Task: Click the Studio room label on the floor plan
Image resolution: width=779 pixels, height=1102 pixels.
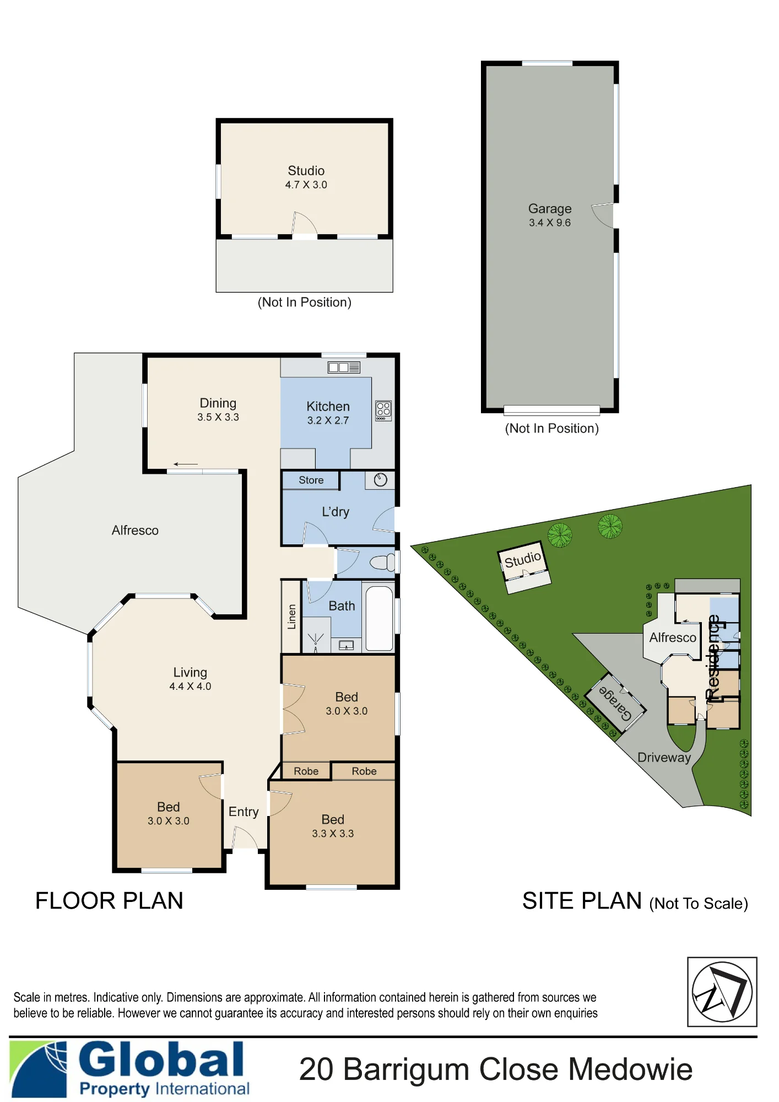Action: (x=306, y=171)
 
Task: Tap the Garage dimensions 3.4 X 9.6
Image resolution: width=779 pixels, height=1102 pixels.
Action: (x=550, y=223)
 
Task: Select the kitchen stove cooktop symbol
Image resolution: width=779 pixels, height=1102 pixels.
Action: (x=383, y=410)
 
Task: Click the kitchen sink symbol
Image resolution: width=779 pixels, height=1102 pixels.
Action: (x=344, y=367)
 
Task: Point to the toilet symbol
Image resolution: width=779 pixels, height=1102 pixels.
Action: (x=383, y=563)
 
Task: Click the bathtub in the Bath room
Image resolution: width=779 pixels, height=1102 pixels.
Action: (x=379, y=618)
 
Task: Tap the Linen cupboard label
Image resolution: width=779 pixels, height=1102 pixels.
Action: (x=292, y=617)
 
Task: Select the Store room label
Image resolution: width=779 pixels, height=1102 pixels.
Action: (x=311, y=480)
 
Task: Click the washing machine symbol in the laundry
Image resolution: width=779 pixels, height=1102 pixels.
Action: (x=380, y=480)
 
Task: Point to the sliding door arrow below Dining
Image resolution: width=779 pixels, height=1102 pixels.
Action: (x=186, y=464)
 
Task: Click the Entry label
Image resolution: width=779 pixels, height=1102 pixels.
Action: (x=244, y=812)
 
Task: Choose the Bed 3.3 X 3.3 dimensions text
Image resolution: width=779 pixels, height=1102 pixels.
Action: (x=333, y=834)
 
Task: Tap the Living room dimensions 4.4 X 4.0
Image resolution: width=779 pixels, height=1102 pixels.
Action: (x=190, y=687)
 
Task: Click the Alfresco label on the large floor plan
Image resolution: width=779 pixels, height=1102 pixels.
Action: (x=135, y=531)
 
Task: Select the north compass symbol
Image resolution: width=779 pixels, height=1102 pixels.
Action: (x=722, y=992)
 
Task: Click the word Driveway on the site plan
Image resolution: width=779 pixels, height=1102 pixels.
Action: (x=664, y=758)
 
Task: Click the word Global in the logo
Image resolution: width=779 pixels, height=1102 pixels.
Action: (x=161, y=1059)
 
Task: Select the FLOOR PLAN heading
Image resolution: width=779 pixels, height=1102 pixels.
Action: (x=109, y=901)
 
